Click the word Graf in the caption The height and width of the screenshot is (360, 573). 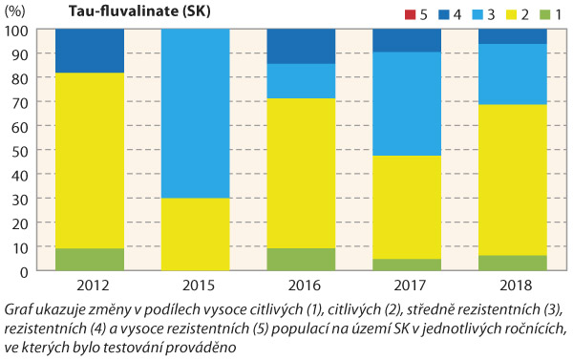[x=21, y=309]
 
